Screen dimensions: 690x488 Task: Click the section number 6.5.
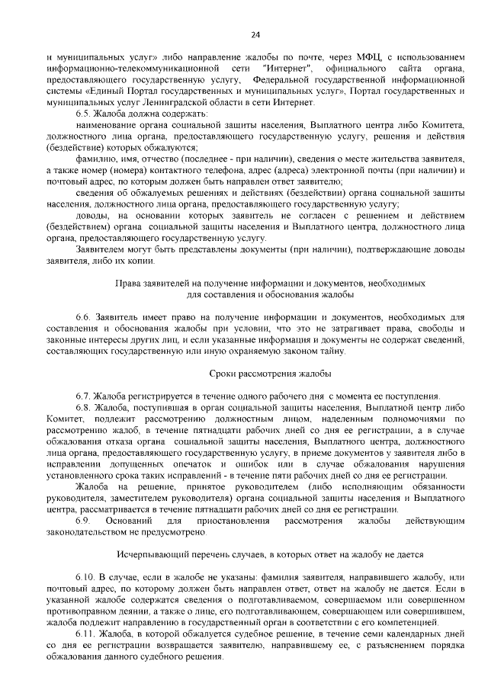click(83, 113)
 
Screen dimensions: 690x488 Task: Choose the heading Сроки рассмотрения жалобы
click(270, 374)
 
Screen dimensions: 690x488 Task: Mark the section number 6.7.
click(83, 396)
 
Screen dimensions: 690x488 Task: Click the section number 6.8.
click(83, 408)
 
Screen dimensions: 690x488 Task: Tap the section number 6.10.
click(85, 577)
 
